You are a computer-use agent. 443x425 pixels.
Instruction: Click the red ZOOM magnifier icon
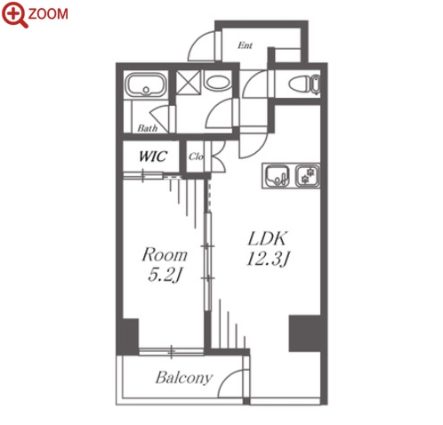pos(14,15)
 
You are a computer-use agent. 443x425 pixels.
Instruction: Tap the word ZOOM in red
pos(48,14)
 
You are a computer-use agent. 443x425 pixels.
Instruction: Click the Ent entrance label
pos(246,45)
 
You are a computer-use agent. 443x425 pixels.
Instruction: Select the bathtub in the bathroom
pos(146,84)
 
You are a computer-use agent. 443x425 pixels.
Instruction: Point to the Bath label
pos(148,128)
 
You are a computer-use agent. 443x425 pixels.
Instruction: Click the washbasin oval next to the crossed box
pos(218,82)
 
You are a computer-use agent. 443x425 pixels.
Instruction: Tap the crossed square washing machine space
pos(189,83)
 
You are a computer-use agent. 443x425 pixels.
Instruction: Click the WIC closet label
pos(153,156)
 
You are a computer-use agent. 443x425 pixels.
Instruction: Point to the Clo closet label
pos(196,156)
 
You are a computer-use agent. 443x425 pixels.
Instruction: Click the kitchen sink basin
pos(277,176)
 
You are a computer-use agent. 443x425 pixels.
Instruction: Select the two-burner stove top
pos(307,176)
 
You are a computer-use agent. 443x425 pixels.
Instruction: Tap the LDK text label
pos(268,238)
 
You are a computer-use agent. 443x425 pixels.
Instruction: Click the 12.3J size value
pos(268,259)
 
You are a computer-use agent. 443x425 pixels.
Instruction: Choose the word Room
pos(165,255)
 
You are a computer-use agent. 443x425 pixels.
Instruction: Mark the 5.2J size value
pos(165,276)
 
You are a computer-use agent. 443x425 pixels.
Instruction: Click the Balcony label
pos(184,377)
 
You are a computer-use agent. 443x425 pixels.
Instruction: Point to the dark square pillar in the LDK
pos(305,333)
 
